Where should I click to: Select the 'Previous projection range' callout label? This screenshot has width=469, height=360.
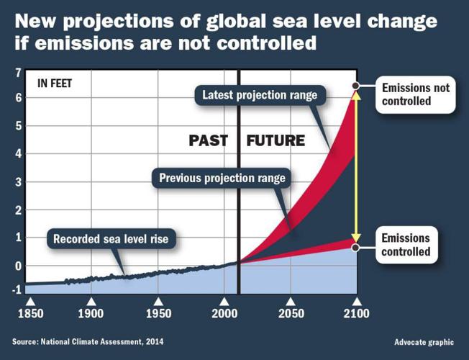tap(222, 178)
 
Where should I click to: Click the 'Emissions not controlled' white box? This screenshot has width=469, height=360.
tap(415, 94)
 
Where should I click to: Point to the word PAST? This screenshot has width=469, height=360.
tap(209, 140)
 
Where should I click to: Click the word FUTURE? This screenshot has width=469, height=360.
tap(276, 140)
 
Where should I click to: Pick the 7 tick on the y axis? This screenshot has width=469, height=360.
tap(17, 72)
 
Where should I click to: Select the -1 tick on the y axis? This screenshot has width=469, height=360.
tap(16, 291)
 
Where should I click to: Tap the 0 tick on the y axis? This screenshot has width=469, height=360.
tap(17, 265)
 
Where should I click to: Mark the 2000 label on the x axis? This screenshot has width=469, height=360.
tap(224, 314)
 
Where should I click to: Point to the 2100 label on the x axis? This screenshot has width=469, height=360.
tap(356, 314)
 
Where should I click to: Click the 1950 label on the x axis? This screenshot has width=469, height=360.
tap(158, 314)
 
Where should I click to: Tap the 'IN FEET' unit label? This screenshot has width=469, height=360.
tap(54, 82)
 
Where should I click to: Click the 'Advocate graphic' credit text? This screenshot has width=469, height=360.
tap(424, 340)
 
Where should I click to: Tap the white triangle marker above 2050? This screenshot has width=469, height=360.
tap(291, 302)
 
